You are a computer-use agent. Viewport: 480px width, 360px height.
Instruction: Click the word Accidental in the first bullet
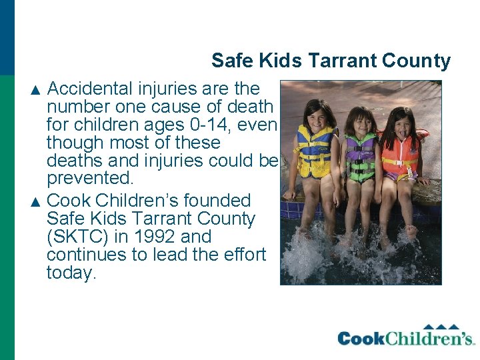point(89,89)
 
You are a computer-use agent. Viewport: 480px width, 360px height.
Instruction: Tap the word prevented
point(90,179)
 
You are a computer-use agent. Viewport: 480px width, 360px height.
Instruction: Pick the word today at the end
point(71,273)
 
